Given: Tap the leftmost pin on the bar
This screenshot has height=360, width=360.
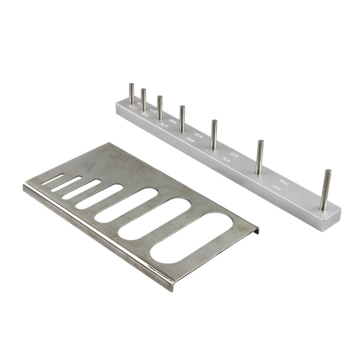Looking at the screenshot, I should coord(131,94).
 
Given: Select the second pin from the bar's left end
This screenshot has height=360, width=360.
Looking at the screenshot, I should coord(144,100).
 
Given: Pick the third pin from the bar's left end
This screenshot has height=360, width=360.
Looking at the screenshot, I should coord(160,107).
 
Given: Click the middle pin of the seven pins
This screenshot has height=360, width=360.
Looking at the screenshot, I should coord(181,116).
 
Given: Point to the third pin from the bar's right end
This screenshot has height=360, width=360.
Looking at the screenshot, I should coord(214,133).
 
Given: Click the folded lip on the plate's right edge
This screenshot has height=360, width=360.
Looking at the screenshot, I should coord(256,231).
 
